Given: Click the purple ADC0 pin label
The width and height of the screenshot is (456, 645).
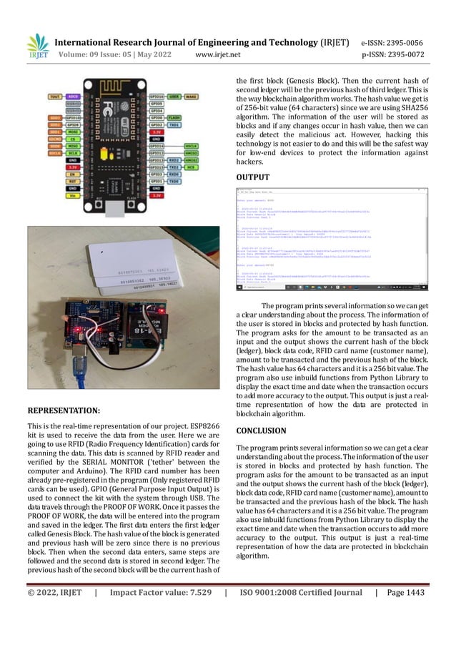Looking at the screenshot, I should pyautogui.click(x=73, y=94).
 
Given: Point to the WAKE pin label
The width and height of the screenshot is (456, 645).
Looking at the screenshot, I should pyautogui.click(x=192, y=94).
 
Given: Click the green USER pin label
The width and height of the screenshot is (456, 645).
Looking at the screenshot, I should pyautogui.click(x=174, y=94).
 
